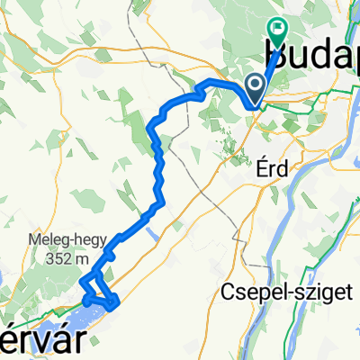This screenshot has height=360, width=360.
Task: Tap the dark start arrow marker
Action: (256, 87)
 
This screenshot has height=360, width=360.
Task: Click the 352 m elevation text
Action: (72, 257)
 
